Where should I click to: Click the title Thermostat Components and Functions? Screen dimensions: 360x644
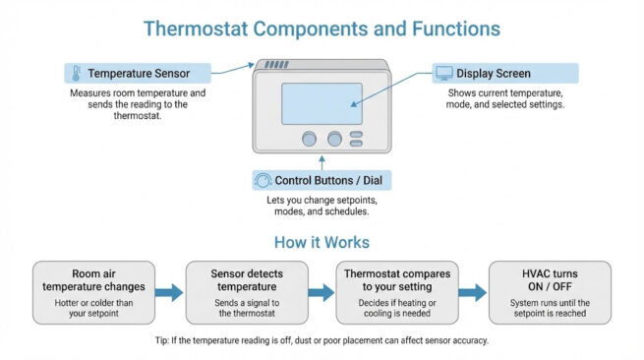coord(322,27)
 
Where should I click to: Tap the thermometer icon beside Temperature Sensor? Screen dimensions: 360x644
coord(75,74)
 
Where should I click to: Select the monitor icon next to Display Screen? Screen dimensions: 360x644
coord(444,74)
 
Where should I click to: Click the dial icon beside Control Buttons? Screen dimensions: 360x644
coord(263,180)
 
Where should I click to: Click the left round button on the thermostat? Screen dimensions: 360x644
coord(310,140)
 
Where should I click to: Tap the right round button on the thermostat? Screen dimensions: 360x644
coord(334,140)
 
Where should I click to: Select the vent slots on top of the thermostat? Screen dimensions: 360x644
coord(276,66)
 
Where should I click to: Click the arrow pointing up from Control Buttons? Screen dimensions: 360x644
coord(322,160)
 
